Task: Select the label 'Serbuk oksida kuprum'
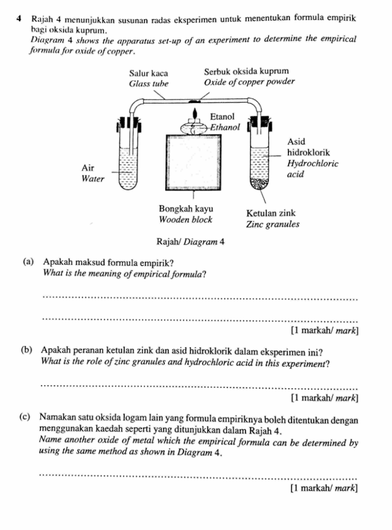coord(246,71)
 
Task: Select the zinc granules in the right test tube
coord(259,183)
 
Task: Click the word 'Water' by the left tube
coord(93,179)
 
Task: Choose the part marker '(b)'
coord(28,352)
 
